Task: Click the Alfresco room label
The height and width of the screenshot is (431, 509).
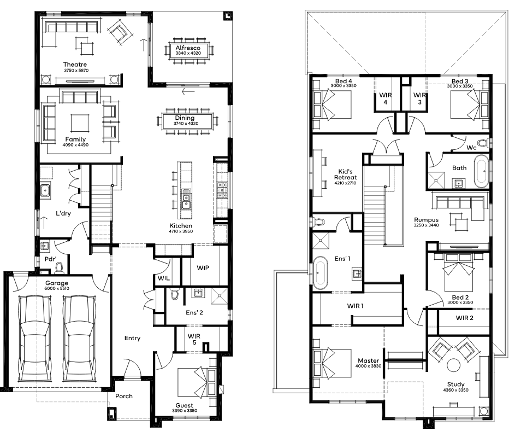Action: (x=188, y=48)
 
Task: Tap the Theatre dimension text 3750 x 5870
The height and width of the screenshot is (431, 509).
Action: (x=76, y=70)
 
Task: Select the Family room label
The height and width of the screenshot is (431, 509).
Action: (x=75, y=139)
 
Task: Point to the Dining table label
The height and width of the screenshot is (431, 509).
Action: (x=185, y=118)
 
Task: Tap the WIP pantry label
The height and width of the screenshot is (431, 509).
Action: (x=203, y=268)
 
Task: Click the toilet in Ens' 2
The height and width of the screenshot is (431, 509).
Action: (x=175, y=294)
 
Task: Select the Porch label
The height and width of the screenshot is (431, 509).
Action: (x=124, y=396)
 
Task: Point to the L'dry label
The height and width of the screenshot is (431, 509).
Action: (x=63, y=213)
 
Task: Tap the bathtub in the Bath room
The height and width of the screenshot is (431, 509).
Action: (x=481, y=171)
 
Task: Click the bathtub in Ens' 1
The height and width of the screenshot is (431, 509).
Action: (x=321, y=273)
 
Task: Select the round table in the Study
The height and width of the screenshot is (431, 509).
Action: (x=453, y=365)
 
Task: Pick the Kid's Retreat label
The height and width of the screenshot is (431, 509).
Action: (x=345, y=174)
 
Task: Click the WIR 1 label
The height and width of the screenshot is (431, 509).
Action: (x=356, y=306)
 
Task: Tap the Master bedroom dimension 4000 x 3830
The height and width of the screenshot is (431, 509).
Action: (x=369, y=366)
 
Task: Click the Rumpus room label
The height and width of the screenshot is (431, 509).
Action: (x=426, y=220)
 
